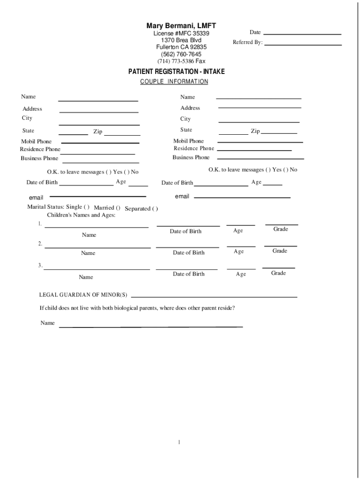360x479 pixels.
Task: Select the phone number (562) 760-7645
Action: coord(181,54)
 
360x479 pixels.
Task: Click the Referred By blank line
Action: coord(303,44)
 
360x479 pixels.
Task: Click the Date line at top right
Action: coord(302,34)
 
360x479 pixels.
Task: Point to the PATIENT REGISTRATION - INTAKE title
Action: coord(177,72)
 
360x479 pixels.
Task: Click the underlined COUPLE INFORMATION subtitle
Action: coord(174,82)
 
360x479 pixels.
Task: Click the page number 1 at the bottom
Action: coord(179,443)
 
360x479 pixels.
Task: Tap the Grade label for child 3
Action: coord(278,273)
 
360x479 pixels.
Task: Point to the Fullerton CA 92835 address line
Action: coord(181,47)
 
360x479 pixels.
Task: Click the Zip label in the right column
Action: coord(255,131)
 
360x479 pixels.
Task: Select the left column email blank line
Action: coord(98,196)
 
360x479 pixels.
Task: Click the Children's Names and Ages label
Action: coord(81,215)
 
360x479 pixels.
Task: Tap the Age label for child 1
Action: coord(238,231)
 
